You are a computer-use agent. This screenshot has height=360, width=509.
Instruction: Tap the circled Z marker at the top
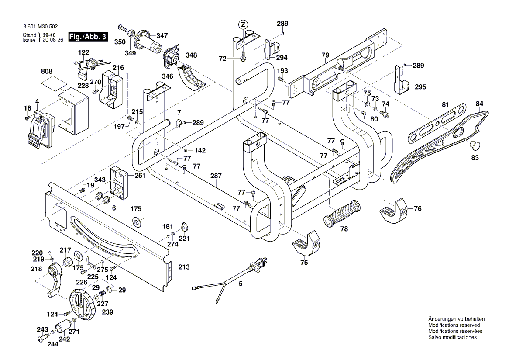[243, 24]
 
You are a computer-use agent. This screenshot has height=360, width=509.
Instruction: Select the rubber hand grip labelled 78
[343, 214]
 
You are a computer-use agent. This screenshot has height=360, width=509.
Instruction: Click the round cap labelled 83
[475, 144]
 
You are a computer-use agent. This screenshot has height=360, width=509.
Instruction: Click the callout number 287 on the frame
[216, 176]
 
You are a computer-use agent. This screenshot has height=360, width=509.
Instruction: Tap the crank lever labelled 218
[53, 280]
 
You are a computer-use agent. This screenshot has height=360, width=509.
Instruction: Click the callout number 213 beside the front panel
[184, 267]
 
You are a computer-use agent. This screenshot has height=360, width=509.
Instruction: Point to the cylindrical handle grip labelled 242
[63, 328]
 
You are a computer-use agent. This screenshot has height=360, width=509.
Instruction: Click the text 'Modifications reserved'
[454, 325]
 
